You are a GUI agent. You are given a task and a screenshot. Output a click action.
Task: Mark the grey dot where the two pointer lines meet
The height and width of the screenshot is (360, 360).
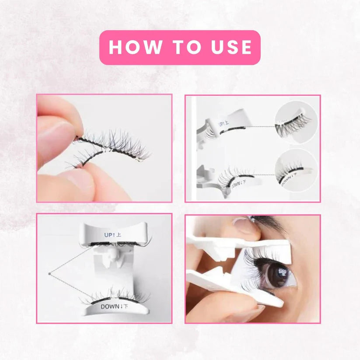coord(49,274)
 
